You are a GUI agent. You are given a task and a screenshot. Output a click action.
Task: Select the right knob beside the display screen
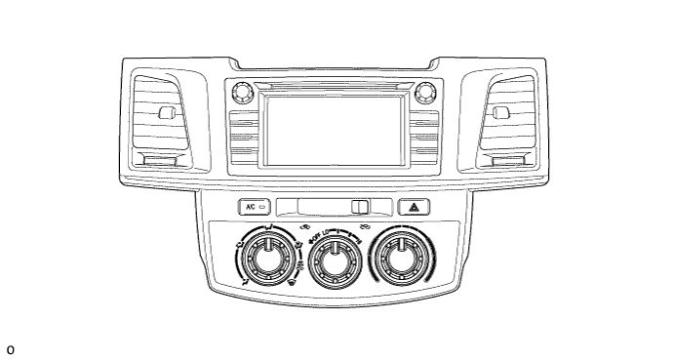(423, 94)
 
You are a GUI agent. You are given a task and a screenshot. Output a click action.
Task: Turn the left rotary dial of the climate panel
(264, 260)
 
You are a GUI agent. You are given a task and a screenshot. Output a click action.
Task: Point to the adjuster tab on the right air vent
(500, 112)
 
